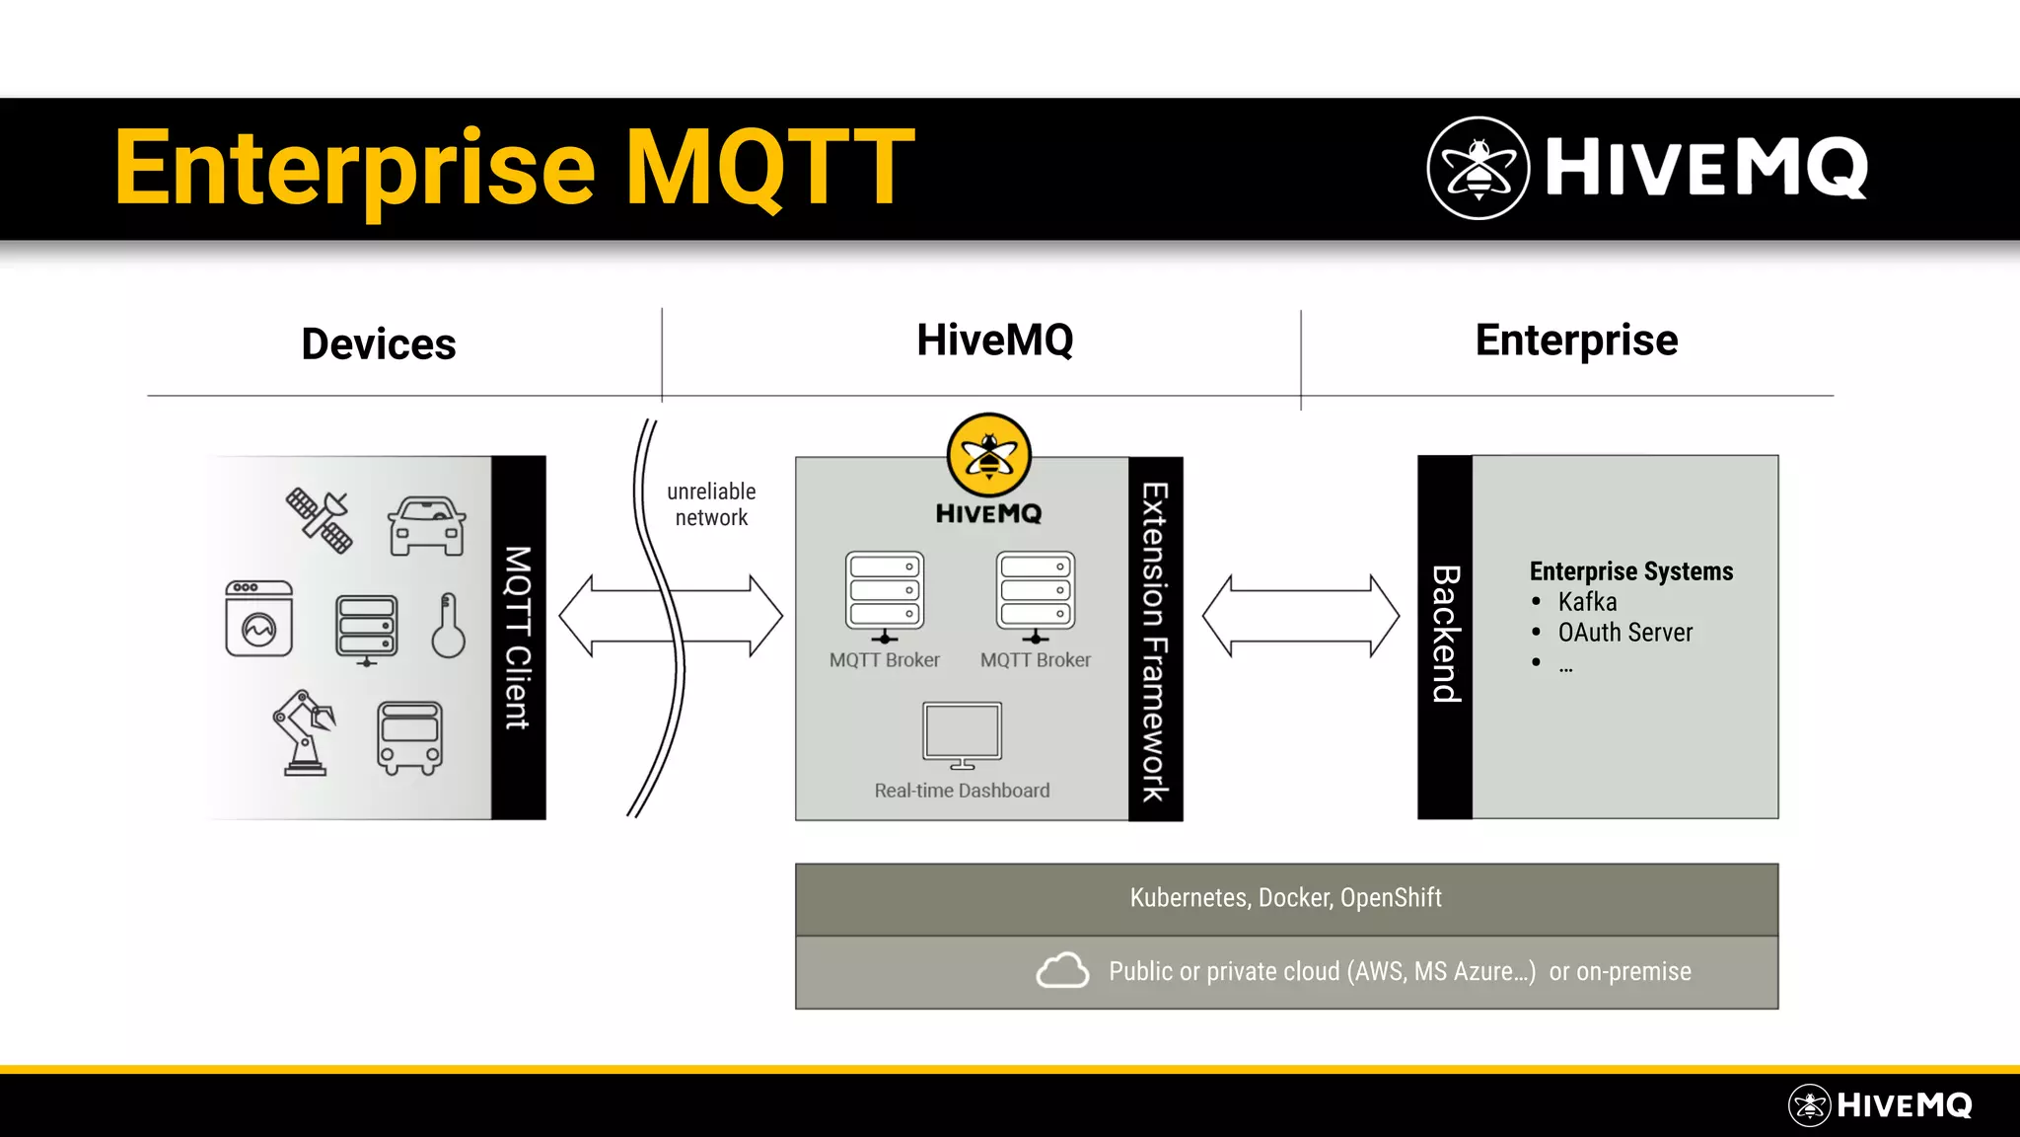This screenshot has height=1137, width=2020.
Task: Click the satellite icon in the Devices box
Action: (320, 519)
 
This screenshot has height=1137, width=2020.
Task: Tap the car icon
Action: (426, 526)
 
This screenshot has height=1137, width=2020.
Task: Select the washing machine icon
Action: (259, 619)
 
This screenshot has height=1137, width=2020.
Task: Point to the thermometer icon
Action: (448, 626)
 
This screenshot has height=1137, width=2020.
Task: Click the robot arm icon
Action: (304, 732)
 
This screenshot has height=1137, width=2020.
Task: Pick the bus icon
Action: (409, 737)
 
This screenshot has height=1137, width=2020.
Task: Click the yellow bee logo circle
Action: (988, 455)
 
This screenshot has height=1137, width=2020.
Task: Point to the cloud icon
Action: (1062, 970)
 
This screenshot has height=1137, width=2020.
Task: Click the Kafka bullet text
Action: (1587, 602)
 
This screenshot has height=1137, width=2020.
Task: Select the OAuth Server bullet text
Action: (1624, 633)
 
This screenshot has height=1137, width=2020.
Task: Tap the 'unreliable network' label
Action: (711, 504)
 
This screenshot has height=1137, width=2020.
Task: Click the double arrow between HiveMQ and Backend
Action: (1300, 616)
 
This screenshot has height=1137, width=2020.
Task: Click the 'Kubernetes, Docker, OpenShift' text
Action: (1285, 898)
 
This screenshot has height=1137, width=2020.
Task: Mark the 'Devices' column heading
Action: (379, 344)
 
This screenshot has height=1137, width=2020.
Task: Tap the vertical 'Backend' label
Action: (1445, 634)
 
